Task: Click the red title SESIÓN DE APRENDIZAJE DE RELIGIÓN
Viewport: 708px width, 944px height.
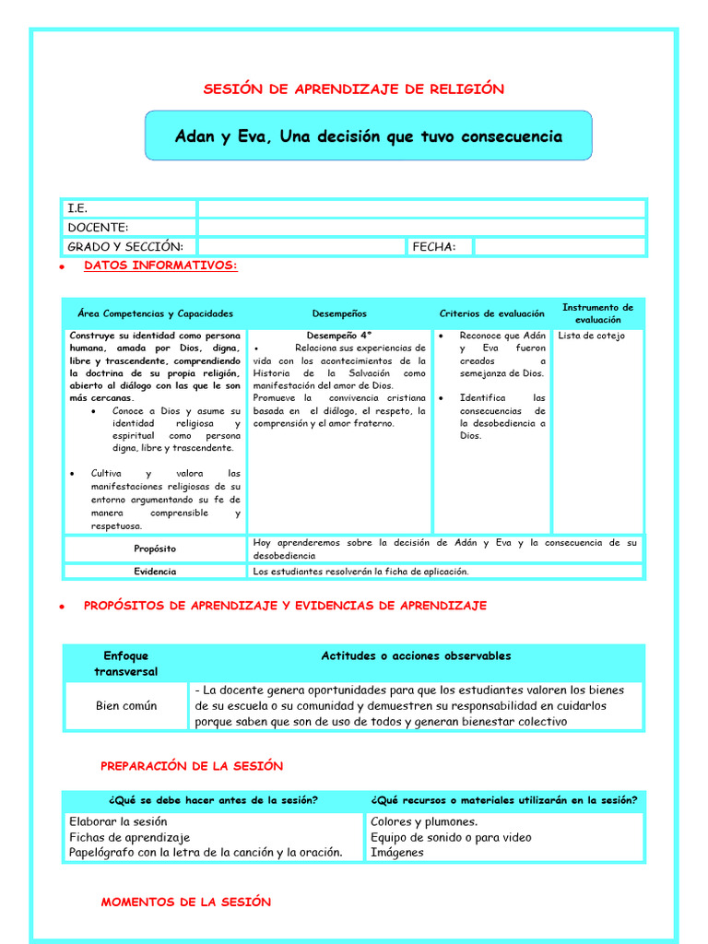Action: point(353,89)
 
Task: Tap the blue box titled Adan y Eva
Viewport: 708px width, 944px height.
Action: point(368,136)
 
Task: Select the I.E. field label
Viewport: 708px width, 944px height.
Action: point(77,209)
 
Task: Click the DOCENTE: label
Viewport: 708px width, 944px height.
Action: point(98,228)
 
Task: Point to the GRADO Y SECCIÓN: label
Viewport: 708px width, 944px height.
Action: point(125,246)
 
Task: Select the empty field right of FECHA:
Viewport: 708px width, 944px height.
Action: point(560,246)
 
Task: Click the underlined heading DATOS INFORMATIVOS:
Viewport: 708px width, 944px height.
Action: point(160,265)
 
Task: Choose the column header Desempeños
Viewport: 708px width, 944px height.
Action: point(338,313)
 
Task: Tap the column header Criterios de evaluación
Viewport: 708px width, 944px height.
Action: point(491,313)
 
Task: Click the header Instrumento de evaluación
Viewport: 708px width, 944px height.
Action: point(597,313)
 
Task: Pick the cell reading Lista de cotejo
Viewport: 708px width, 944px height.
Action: point(591,336)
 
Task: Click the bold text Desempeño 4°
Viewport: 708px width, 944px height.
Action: point(338,336)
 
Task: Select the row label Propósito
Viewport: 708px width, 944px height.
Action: point(154,549)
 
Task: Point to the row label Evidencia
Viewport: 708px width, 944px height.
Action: point(154,572)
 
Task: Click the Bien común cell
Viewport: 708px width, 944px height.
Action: point(126,705)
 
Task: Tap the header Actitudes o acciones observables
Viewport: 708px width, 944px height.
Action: point(416,656)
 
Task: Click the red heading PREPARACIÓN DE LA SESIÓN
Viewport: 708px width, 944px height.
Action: point(192,766)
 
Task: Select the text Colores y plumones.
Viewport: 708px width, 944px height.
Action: point(424,821)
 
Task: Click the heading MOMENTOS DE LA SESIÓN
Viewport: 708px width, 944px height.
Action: point(186,903)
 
